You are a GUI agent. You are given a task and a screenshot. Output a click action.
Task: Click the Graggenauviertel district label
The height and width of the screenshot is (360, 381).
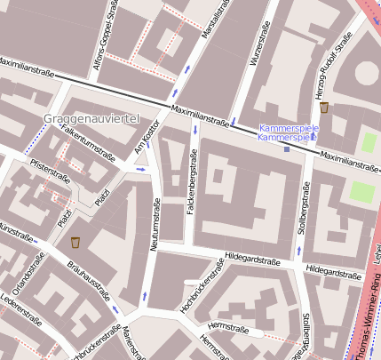point(91,118)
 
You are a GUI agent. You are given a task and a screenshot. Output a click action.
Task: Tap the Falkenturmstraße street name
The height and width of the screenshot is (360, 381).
point(88,142)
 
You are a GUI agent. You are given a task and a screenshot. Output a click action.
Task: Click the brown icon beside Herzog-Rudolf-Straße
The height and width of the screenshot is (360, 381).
point(325,108)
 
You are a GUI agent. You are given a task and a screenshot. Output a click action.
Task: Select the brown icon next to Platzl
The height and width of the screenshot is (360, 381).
point(75,242)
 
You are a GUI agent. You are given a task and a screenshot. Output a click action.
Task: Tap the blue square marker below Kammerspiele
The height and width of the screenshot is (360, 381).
point(287,149)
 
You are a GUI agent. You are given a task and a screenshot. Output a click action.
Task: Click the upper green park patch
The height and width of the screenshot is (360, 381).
point(369,142)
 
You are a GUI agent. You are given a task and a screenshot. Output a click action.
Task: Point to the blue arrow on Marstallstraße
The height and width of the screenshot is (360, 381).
point(187,68)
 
